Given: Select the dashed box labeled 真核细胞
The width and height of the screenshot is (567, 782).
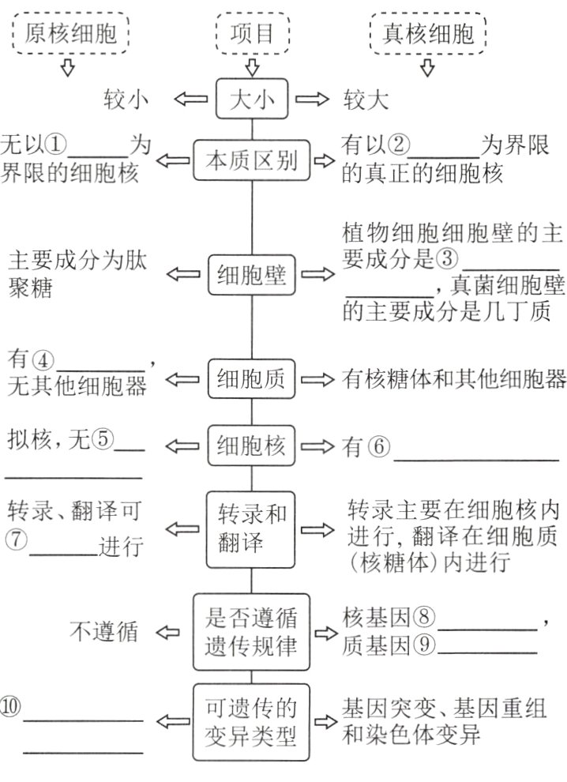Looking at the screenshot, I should coord(429,33).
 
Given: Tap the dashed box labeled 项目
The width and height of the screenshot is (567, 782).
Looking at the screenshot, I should coord(252,33).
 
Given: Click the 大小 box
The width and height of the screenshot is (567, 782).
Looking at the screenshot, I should coord(252,100).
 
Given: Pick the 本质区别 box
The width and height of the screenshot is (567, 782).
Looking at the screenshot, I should coord(252,161).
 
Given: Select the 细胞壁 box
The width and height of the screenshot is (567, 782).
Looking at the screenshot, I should coord(252,274).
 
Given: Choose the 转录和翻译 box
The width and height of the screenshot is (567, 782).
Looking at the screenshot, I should coord(252,528).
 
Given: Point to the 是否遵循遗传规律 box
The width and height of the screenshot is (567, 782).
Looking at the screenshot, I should coord(252,630).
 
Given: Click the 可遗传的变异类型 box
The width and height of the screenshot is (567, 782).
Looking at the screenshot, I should coord(252,721).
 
